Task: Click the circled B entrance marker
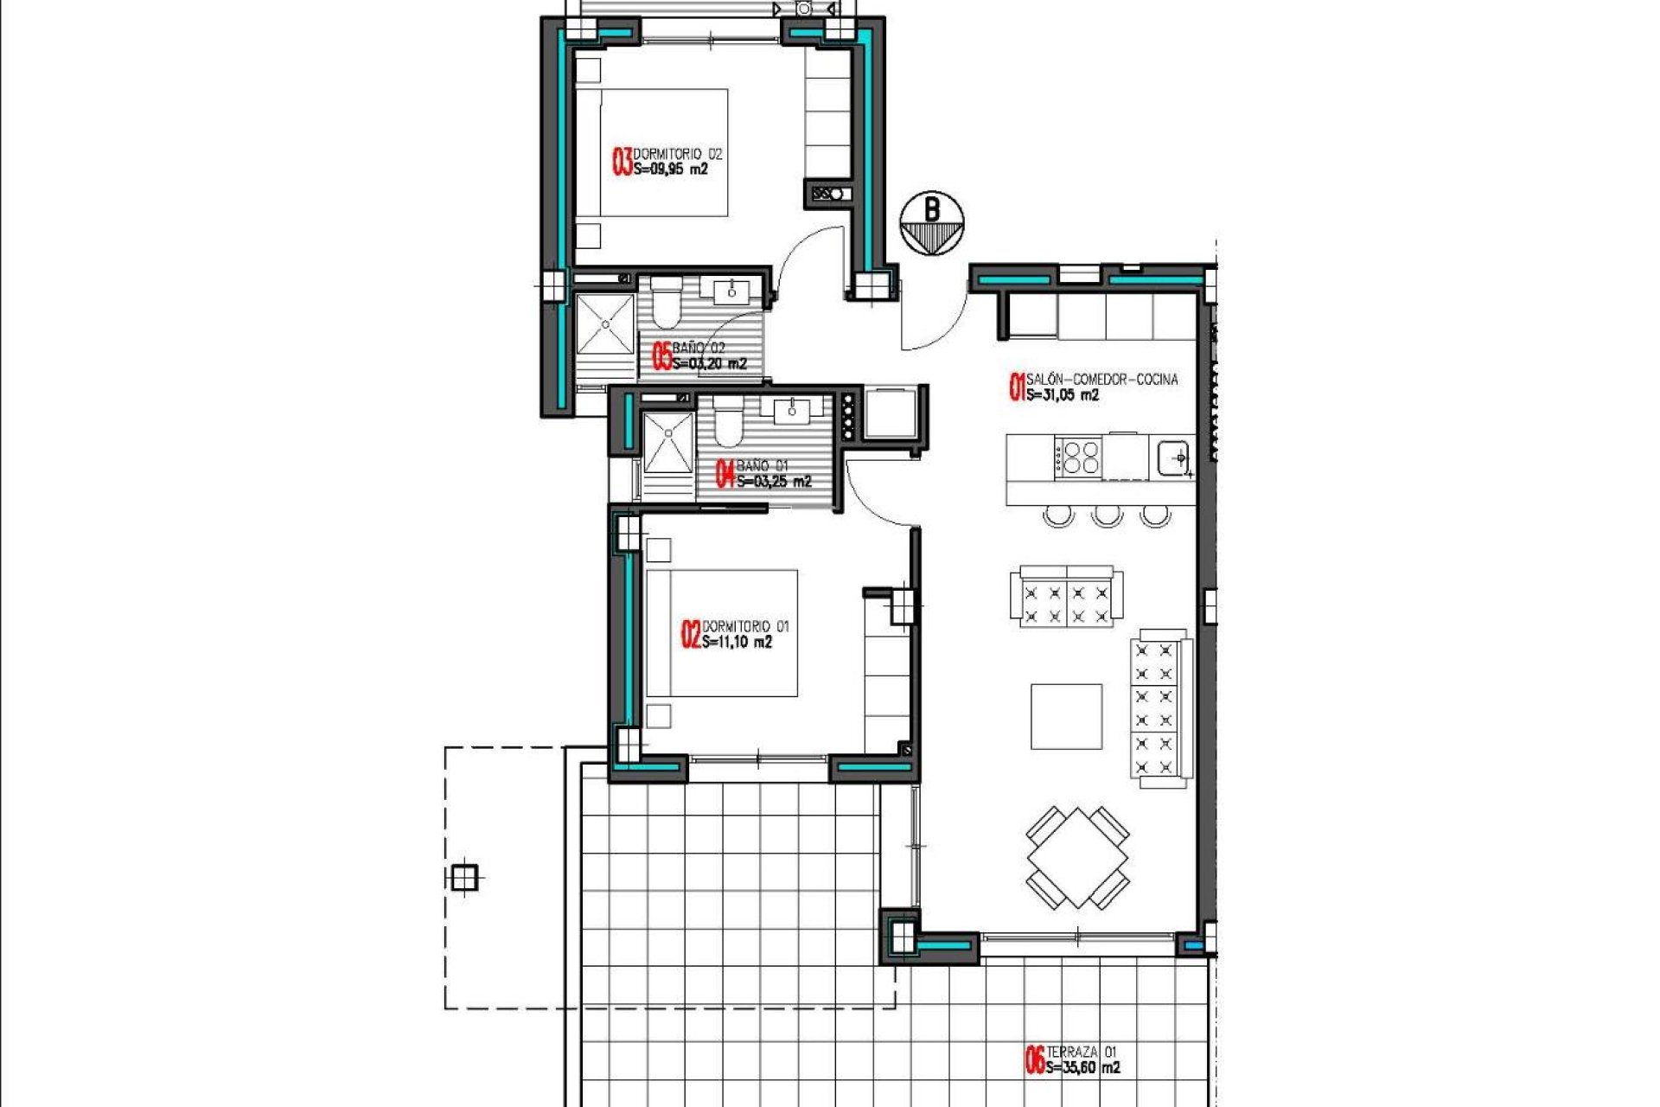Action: click(931, 223)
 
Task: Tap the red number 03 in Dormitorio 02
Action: click(622, 162)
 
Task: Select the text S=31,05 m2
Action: click(1063, 395)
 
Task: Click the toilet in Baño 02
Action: click(666, 306)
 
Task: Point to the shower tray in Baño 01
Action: click(668, 443)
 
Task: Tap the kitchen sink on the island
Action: click(1173, 457)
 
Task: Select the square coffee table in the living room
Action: click(1066, 716)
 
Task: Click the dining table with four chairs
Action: click(1078, 857)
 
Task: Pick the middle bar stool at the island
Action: click(1107, 516)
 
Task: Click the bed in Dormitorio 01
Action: click(722, 632)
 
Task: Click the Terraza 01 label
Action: click(1082, 1052)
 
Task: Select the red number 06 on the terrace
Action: click(1035, 1060)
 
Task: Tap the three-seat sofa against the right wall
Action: click(1160, 708)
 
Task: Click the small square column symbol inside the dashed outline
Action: click(464, 878)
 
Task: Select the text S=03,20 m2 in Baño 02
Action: click(710, 363)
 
